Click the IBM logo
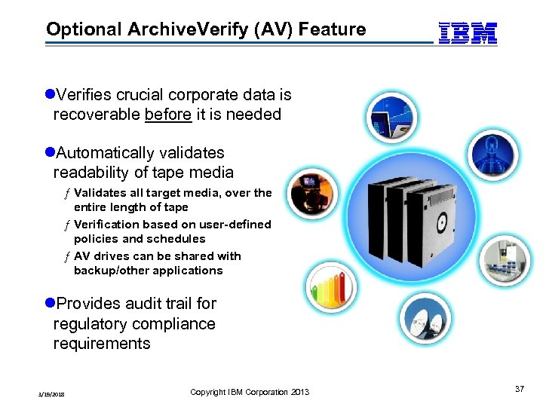tap(468, 33)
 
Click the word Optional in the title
tap(84, 30)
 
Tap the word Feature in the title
tap(333, 30)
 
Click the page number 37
tap(519, 389)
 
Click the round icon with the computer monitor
tap(390, 118)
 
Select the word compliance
tap(171, 324)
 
